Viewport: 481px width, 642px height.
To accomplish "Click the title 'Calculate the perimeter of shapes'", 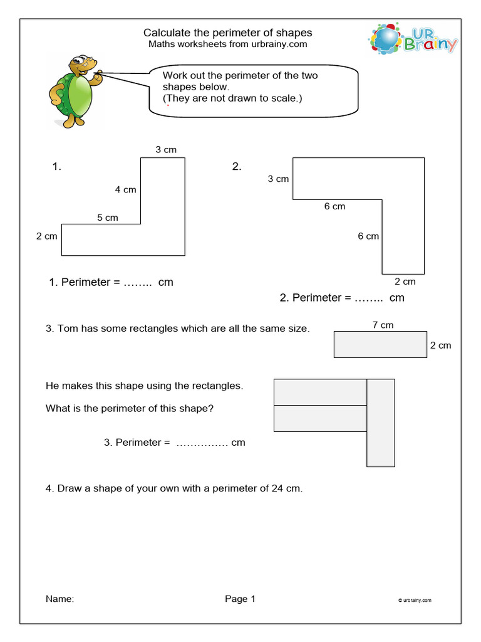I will pyautogui.click(x=227, y=33).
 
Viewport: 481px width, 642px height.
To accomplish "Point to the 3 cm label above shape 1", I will pyautogui.click(x=166, y=149).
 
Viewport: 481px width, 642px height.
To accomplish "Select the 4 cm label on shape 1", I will pyautogui.click(x=125, y=189).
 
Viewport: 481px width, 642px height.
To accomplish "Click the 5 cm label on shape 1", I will pyautogui.click(x=107, y=218).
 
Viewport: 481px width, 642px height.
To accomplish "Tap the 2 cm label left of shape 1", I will pyautogui.click(x=46, y=236).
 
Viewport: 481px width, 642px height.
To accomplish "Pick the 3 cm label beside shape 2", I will pyautogui.click(x=278, y=179).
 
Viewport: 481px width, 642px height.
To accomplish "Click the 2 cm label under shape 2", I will pyautogui.click(x=405, y=282).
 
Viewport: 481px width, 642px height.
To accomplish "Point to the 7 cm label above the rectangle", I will pyautogui.click(x=383, y=325).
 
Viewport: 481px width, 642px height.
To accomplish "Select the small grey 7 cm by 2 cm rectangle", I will pyautogui.click(x=380, y=344).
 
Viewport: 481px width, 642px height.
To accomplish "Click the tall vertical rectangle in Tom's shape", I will pyautogui.click(x=381, y=423).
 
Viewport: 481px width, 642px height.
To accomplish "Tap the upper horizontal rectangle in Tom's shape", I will pyautogui.click(x=320, y=392).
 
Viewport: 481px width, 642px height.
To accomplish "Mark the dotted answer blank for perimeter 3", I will pyautogui.click(x=202, y=443).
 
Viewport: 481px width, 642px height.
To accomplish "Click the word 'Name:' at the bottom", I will pyautogui.click(x=59, y=599).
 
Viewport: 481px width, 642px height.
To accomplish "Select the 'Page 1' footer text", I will pyautogui.click(x=240, y=599).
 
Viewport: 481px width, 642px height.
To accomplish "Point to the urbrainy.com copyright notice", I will pyautogui.click(x=415, y=601).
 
